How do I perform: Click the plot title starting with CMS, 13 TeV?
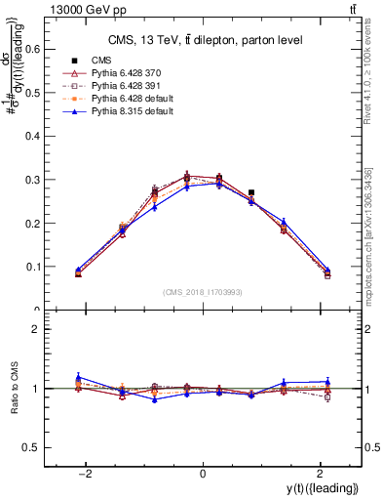203,39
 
